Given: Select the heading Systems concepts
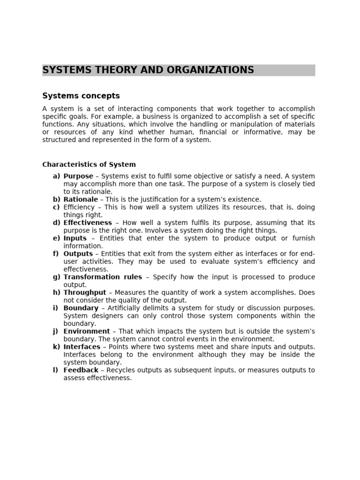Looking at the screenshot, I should [x=81, y=96].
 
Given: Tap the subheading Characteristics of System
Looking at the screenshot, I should [x=89, y=165].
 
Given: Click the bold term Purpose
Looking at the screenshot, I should [x=78, y=176].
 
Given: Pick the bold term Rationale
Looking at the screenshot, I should [x=81, y=200].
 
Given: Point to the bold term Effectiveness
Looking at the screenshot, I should [x=88, y=223].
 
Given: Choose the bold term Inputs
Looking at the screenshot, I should [x=75, y=238].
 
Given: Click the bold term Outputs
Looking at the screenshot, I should [x=78, y=254].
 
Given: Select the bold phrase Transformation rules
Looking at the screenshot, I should [x=103, y=277].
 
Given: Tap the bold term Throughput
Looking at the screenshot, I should [x=85, y=292].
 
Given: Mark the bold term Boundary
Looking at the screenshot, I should [x=81, y=308].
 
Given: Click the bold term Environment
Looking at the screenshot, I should [x=87, y=331].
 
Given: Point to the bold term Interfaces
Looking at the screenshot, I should [x=82, y=347].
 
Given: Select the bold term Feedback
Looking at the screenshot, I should [x=81, y=370].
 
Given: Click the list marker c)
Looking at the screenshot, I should [x=56, y=207].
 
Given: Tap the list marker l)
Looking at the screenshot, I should [x=55, y=370].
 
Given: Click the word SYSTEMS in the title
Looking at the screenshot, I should [x=65, y=70].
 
